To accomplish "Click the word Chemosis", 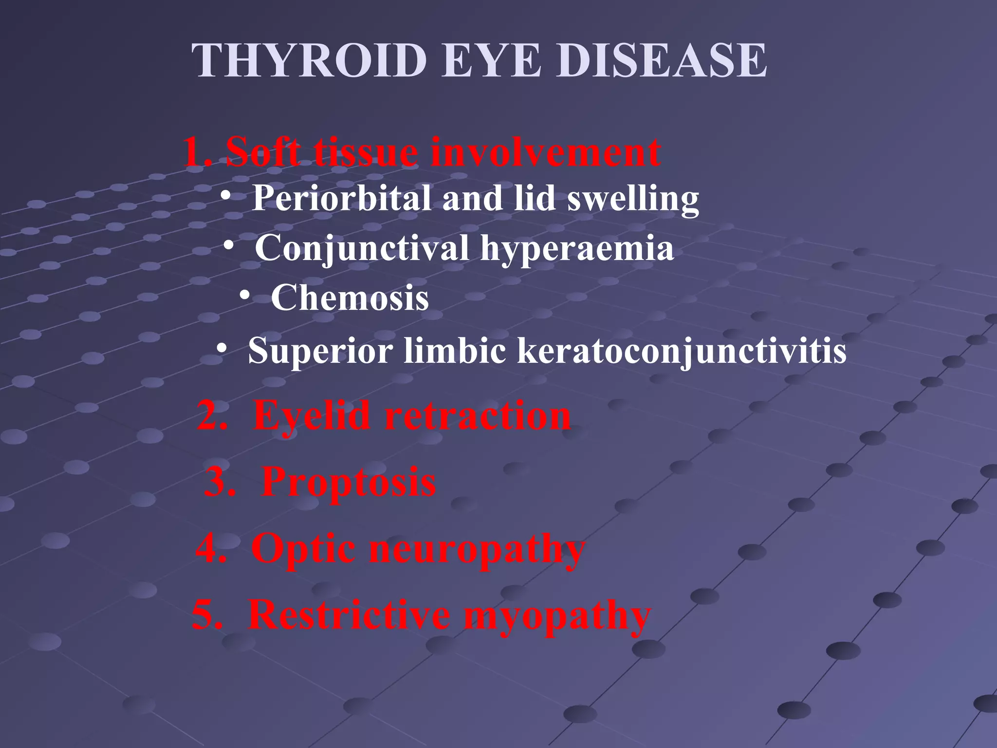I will click(x=350, y=298).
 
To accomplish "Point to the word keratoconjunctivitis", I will click(x=682, y=351).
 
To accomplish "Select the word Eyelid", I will click(x=312, y=416).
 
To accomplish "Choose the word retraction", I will click(x=478, y=416).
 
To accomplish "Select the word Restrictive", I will click(x=349, y=615).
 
